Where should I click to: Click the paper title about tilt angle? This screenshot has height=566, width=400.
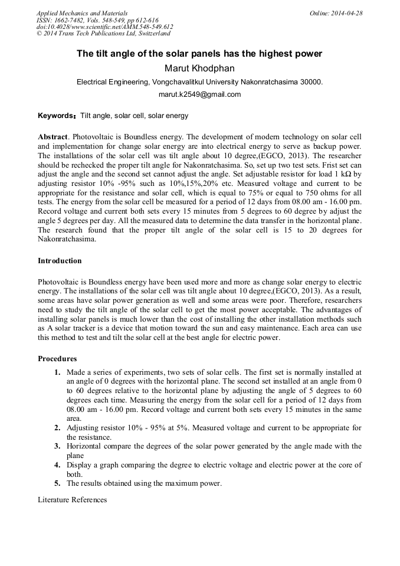point(199,54)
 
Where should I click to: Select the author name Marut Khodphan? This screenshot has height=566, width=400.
point(199,68)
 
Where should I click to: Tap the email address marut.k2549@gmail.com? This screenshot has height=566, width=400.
point(199,94)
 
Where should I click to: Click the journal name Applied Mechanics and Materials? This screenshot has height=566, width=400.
point(81,13)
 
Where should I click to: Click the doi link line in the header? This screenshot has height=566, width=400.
point(104,27)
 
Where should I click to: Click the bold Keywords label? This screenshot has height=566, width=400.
point(57,116)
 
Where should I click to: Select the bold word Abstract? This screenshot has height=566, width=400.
point(52,136)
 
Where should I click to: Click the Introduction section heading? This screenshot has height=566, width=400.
point(60,260)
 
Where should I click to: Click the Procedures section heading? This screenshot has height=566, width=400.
point(57,358)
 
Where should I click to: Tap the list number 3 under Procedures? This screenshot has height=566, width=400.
point(57,446)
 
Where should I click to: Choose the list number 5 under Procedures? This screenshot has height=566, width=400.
point(57,483)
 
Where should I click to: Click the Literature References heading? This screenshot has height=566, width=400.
point(72,500)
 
